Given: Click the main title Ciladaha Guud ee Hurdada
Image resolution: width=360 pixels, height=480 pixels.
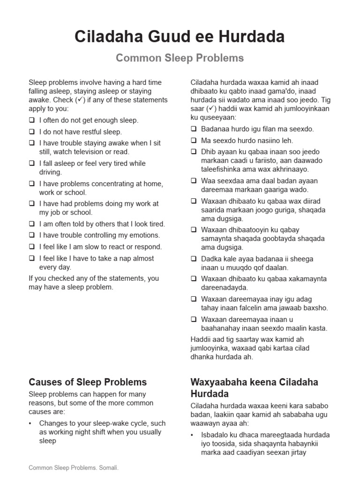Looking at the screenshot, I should tap(180, 37).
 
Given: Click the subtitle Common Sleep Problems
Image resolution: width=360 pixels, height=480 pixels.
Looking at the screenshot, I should tap(180, 58).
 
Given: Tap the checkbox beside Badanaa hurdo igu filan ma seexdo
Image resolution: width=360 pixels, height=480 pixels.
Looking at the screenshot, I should tap(194, 129).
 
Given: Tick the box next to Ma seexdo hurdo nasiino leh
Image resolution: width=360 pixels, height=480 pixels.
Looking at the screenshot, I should tap(194, 140).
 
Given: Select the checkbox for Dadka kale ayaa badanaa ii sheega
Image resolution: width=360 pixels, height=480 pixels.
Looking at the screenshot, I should tap(194, 259).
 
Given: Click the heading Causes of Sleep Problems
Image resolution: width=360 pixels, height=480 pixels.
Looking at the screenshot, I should tap(88, 382).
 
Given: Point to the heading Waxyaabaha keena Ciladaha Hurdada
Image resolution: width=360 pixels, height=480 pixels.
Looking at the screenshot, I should tap(254, 387).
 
